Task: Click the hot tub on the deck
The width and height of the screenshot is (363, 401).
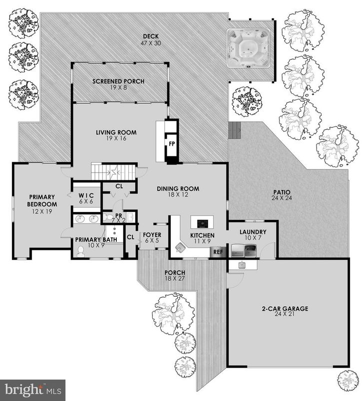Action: pos(248,48)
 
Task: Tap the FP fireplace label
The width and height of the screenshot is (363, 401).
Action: pos(171,144)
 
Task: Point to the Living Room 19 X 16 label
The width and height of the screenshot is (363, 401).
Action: pos(116,136)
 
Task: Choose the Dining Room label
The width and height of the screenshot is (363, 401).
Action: pos(178,192)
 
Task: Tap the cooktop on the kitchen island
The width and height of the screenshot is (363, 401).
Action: pos(203,222)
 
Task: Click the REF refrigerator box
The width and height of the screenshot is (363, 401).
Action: pos(218,252)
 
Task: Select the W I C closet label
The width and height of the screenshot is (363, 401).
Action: pos(86,198)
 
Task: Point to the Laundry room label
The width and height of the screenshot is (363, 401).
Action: pos(253,235)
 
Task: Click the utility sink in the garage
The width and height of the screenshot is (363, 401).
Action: pos(242,265)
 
